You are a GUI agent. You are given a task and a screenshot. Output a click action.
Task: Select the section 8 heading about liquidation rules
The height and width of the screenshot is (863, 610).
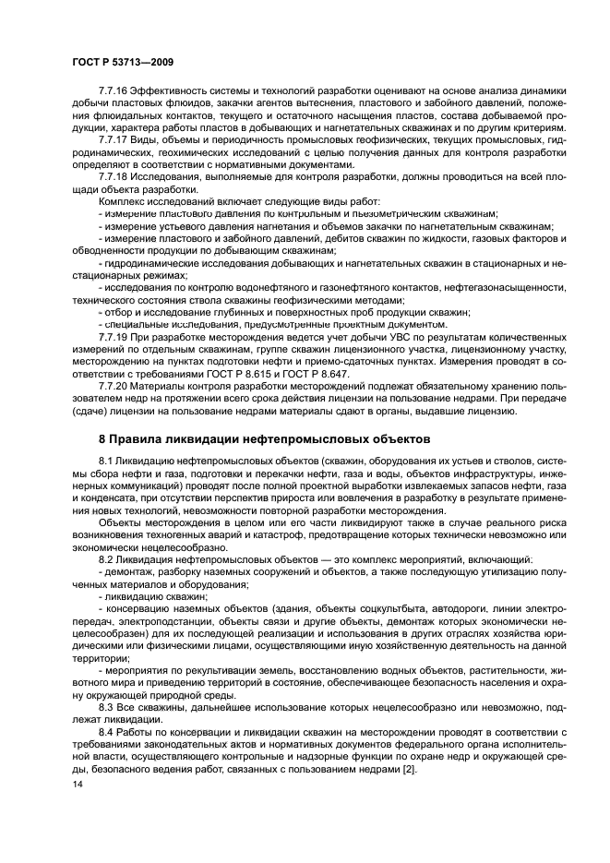(263, 437)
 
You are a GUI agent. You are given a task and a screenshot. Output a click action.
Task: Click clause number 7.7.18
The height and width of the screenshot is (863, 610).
(114, 175)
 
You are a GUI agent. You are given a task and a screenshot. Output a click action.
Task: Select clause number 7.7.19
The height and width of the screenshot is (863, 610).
(114, 335)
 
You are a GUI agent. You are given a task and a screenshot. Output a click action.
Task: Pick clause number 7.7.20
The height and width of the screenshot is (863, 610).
(114, 383)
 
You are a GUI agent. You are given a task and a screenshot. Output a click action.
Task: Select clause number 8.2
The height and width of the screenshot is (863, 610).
(106, 559)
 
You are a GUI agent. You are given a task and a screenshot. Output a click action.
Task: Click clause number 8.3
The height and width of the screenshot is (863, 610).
(106, 706)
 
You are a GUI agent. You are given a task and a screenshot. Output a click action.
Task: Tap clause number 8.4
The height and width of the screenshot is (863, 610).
(106, 732)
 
